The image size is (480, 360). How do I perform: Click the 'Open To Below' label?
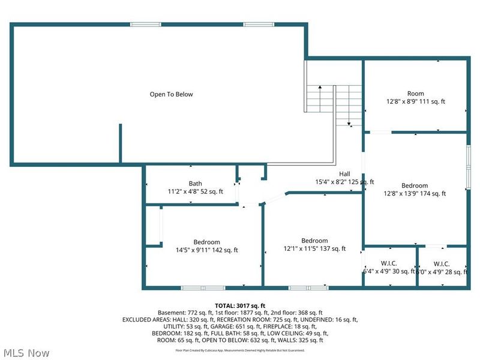point(171,94)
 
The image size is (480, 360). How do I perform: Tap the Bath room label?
point(195,184)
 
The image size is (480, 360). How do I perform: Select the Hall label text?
point(344,173)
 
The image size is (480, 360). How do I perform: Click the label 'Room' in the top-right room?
point(415,94)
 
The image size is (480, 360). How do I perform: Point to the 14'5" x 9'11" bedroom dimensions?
point(207,250)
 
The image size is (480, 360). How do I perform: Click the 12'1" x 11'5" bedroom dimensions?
point(314,248)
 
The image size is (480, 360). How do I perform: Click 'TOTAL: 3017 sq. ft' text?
point(239,305)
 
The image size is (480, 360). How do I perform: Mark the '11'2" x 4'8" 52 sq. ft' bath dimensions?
point(195,192)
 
